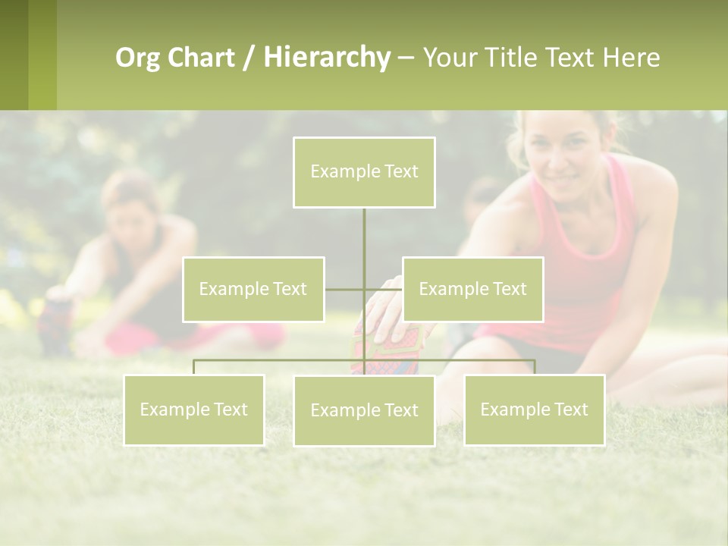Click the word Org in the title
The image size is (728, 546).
(x=137, y=58)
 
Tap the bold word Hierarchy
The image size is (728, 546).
(x=326, y=58)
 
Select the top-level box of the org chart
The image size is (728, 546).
(x=364, y=172)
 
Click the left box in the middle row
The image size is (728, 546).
(x=253, y=289)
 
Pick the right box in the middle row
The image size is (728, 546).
(x=472, y=289)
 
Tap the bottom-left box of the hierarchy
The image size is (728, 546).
(x=194, y=409)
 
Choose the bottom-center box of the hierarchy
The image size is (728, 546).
(x=364, y=410)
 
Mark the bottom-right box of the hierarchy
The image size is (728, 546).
(x=534, y=409)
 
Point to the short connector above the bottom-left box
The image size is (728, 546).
(x=194, y=367)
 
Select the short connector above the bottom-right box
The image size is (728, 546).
(x=534, y=367)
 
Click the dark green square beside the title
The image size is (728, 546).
(x=14, y=55)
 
